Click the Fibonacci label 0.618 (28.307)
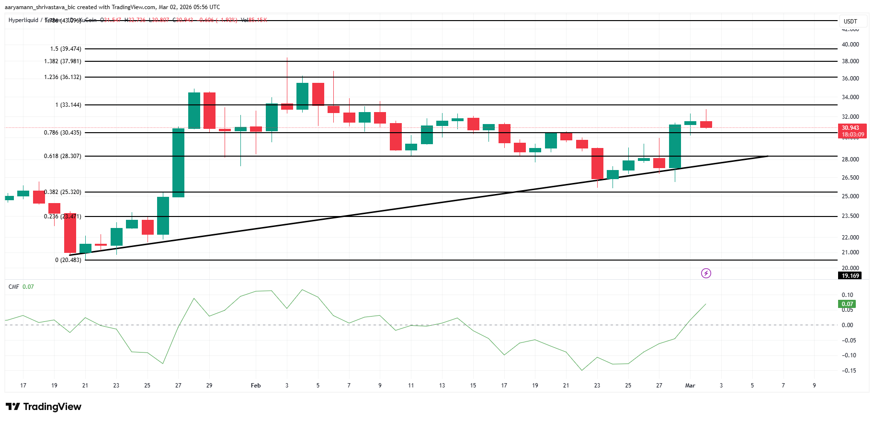pos(63,156)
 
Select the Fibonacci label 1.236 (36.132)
pos(63,77)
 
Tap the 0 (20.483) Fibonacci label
pos(68,260)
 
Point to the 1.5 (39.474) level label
pos(66,49)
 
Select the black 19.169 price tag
pos(850,276)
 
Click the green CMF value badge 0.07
pos(847,304)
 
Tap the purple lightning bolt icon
pos(706,273)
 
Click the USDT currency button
pos(851,22)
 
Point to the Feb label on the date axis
pos(256,386)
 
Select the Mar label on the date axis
pos(690,386)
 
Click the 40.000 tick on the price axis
pos(850,45)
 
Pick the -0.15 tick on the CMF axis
pos(849,371)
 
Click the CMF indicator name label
pos(14,287)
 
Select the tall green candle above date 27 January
pos(178,163)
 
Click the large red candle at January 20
pos(70,233)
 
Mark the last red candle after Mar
pos(706,125)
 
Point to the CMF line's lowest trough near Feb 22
pos(582,370)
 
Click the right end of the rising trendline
pos(767,156)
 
